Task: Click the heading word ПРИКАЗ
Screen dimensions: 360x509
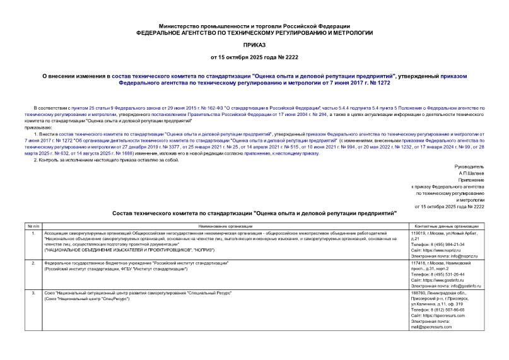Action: (x=254, y=46)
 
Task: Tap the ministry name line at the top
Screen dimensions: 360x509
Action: (x=254, y=22)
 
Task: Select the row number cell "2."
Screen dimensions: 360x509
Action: (x=32, y=263)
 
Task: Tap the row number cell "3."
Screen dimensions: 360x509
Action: (x=32, y=293)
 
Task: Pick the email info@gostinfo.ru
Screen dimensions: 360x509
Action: (x=453, y=285)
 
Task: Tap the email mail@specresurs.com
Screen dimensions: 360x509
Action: (x=435, y=327)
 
